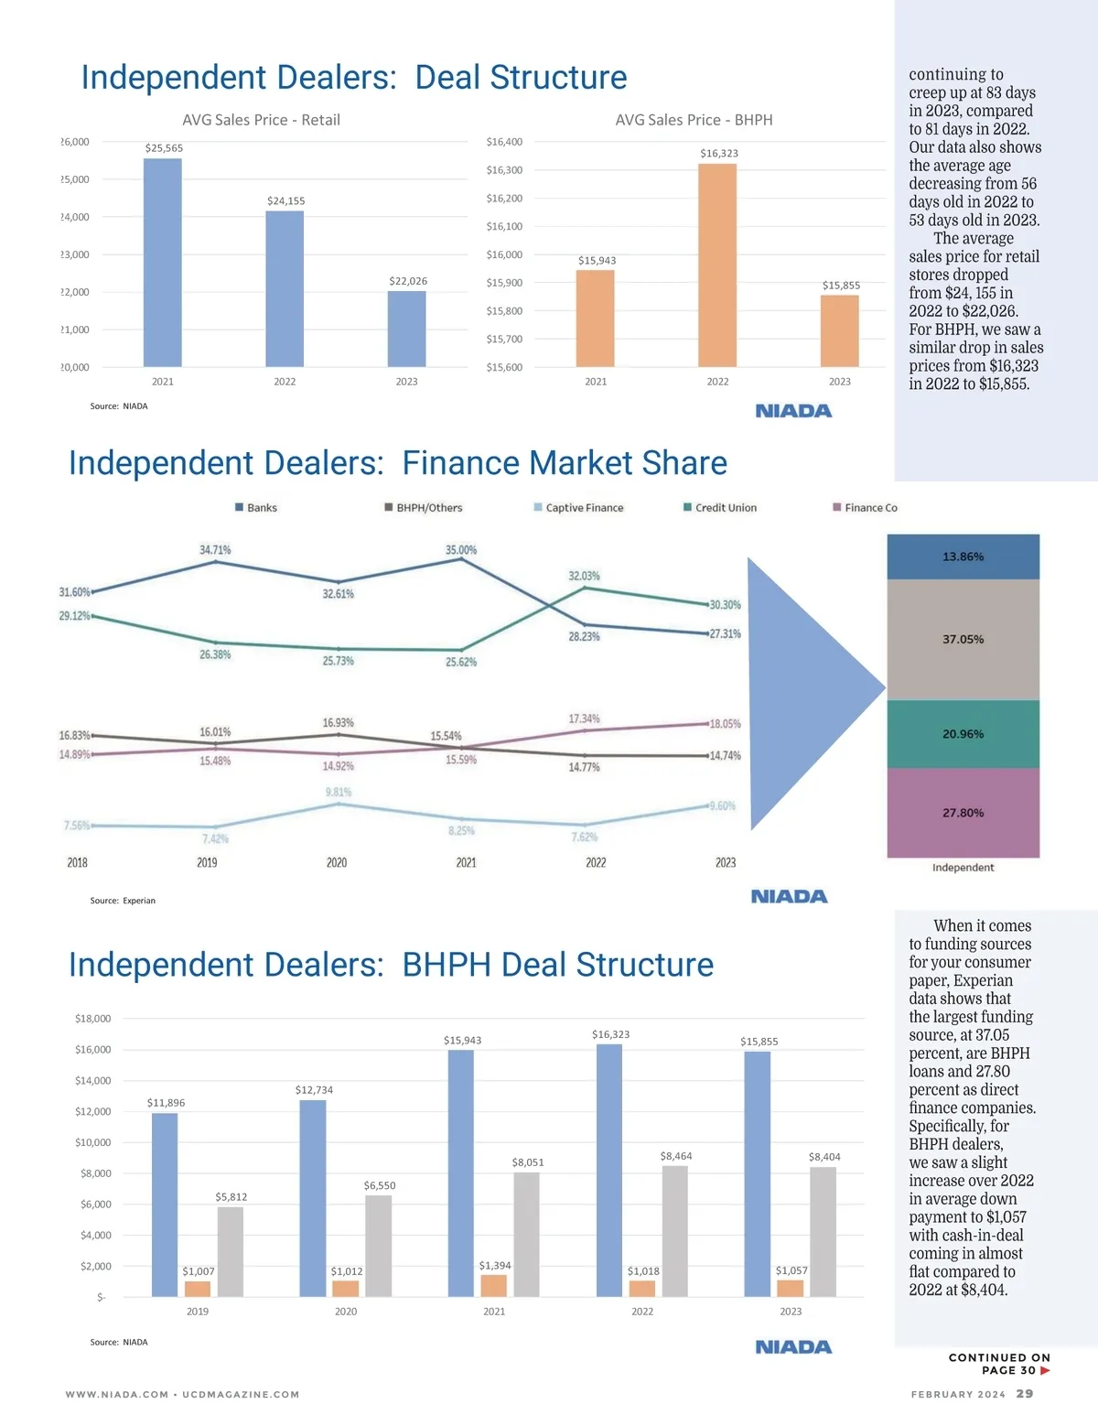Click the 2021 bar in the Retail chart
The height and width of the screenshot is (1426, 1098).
[x=163, y=263]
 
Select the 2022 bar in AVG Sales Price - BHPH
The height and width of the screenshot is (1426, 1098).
[x=717, y=265]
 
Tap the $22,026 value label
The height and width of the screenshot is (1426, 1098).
[x=408, y=281]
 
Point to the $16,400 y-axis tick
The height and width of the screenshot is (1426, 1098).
[x=504, y=142]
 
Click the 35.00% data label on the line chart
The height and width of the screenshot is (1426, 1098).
[x=461, y=550]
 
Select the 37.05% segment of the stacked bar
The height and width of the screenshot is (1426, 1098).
[x=963, y=639]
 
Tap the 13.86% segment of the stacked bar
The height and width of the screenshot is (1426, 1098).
[x=963, y=556]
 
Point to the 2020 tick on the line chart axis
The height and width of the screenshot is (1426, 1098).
[x=337, y=862]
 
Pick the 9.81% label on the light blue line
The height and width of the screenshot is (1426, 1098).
[x=339, y=792]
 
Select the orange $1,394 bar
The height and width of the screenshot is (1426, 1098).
[x=493, y=1285]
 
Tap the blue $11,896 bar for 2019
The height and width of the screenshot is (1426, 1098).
[x=165, y=1204]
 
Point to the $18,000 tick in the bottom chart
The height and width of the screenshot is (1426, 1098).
[x=92, y=1019]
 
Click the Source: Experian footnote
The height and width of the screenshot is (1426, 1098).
[x=123, y=901]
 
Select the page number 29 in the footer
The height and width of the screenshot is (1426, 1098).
[x=1025, y=1394]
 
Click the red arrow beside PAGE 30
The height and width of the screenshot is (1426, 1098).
[x=1045, y=1370]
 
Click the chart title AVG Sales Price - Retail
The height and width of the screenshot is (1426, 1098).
[x=261, y=120]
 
